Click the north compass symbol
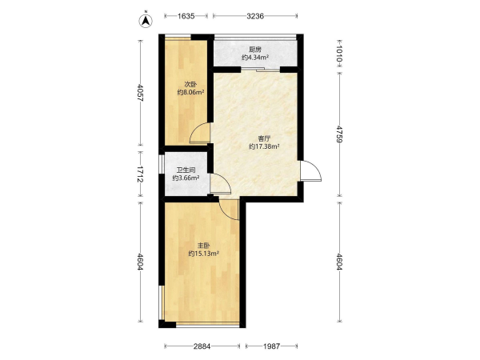tap(146, 20)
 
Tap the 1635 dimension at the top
tap(186, 16)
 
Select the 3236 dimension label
tap(255, 16)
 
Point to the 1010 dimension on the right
tap(339, 55)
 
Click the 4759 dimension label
tap(339, 134)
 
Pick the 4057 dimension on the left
tap(140, 93)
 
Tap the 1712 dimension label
tap(140, 174)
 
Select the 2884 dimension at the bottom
tap(202, 346)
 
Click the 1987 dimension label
tap(271, 346)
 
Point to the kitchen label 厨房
tap(255, 50)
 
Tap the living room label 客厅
tap(264, 138)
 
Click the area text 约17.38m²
tap(264, 146)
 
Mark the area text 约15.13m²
tap(203, 254)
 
